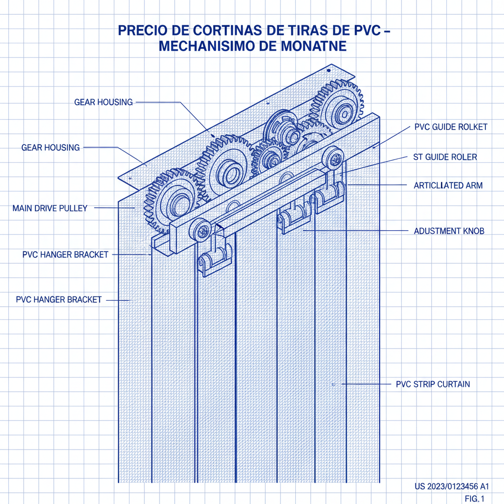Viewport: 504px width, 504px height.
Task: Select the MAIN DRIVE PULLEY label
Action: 49,208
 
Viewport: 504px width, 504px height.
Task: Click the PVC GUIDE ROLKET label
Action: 451,127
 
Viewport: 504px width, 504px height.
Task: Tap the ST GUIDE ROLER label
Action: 445,157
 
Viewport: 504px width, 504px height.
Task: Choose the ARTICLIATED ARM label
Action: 448,186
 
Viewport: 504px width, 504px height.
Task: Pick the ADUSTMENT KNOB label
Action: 449,230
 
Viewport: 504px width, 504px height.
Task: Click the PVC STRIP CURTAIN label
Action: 433,384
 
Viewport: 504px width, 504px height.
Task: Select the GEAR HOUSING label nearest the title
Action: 103,102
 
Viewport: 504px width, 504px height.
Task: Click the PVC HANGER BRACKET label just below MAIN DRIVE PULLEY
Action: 65,255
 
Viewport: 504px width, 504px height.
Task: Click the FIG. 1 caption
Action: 474,498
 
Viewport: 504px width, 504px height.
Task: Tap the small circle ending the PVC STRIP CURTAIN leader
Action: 333,384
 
